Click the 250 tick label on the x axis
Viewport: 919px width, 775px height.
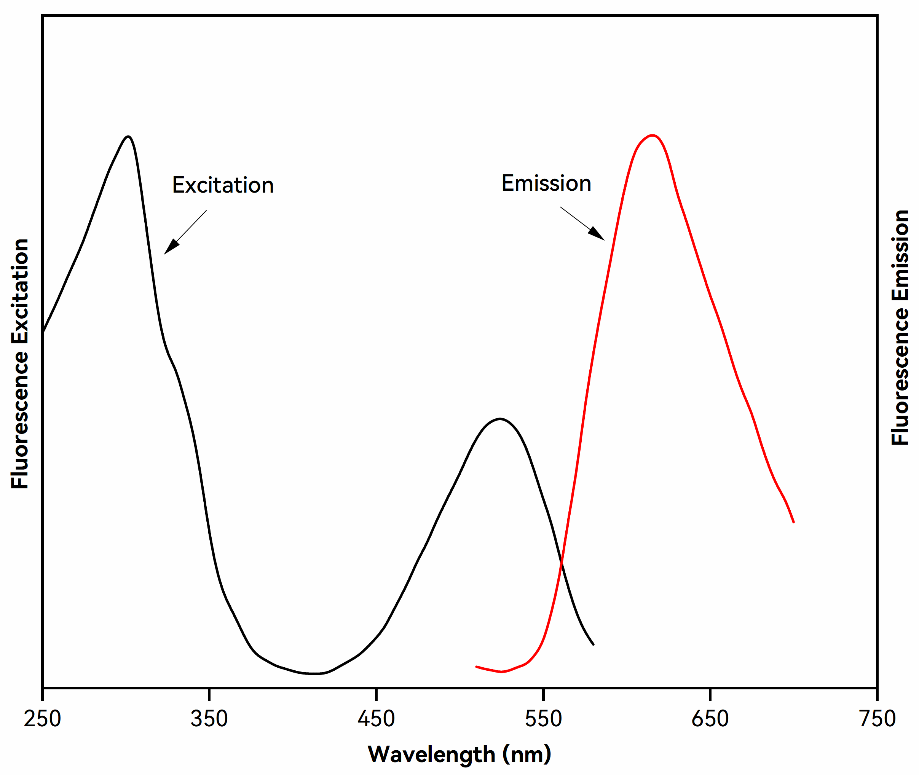pyautogui.click(x=42, y=719)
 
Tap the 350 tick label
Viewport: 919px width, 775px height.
pyautogui.click(x=209, y=719)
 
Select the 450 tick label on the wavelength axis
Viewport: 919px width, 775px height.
pyautogui.click(x=376, y=719)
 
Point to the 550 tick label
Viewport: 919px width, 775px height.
pyautogui.click(x=543, y=719)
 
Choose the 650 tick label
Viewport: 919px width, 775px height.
pyautogui.click(x=710, y=719)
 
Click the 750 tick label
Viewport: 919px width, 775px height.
pyautogui.click(x=877, y=719)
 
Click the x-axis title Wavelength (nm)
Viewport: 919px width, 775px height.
pyautogui.click(x=459, y=754)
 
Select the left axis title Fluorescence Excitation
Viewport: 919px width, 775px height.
pyautogui.click(x=20, y=364)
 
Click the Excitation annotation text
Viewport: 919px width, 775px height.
pyautogui.click(x=223, y=185)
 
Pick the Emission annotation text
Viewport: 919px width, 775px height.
pyautogui.click(x=546, y=183)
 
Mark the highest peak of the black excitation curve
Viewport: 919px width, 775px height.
pyautogui.click(x=128, y=136)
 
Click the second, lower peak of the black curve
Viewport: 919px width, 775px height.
pyautogui.click(x=499, y=419)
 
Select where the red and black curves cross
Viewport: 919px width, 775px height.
pyautogui.click(x=562, y=562)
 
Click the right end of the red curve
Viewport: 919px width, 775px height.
pyautogui.click(x=793, y=522)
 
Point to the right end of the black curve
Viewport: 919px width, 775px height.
pyautogui.click(x=594, y=644)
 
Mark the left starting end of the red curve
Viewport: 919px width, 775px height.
pyautogui.click(x=477, y=667)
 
